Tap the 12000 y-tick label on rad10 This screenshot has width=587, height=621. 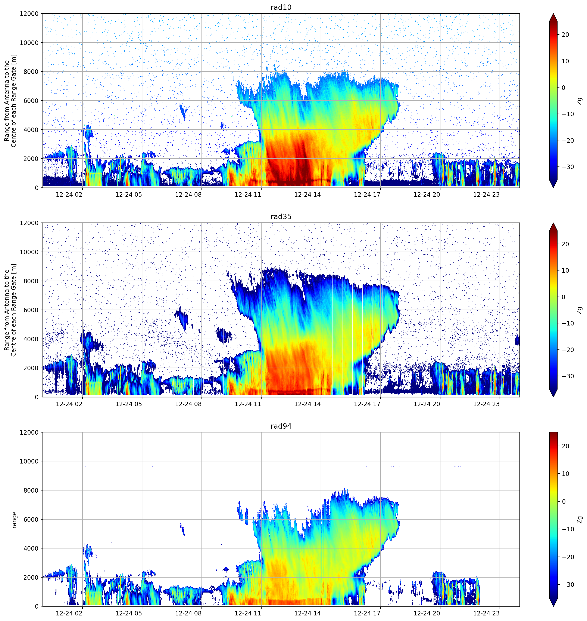click(x=29, y=14)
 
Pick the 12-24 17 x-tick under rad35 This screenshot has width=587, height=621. click(x=367, y=404)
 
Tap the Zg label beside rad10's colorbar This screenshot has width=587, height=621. click(x=580, y=101)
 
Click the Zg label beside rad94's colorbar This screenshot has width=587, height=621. click(x=580, y=520)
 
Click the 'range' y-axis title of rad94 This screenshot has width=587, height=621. click(x=14, y=520)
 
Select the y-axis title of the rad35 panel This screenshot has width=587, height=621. click(x=10, y=310)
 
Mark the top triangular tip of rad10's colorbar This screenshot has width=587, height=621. click(x=553, y=14)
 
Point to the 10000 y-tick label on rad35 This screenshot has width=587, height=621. click(x=29, y=252)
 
